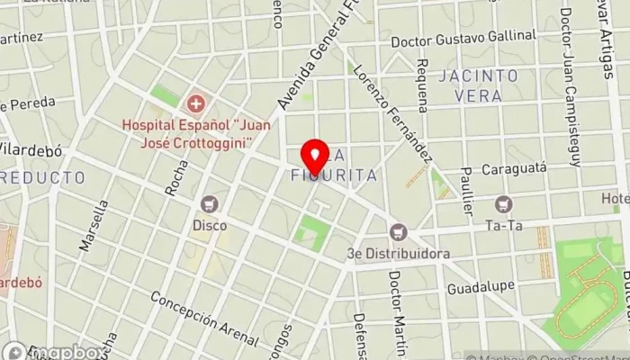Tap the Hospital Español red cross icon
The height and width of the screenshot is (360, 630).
click(x=194, y=103)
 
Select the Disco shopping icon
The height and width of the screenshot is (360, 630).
click(x=210, y=204)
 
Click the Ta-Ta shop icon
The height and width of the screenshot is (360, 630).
click(x=502, y=205)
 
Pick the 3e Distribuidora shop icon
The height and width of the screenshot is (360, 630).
click(x=399, y=233)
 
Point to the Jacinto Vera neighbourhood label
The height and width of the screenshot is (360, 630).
click(x=479, y=85)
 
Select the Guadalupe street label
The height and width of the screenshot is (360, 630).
click(x=481, y=289)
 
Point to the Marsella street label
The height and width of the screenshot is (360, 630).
click(x=94, y=225)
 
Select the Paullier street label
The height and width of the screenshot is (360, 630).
click(x=465, y=190)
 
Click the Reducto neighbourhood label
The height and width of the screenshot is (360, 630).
click(x=42, y=177)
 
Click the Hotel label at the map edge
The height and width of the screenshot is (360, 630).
click(x=616, y=197)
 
